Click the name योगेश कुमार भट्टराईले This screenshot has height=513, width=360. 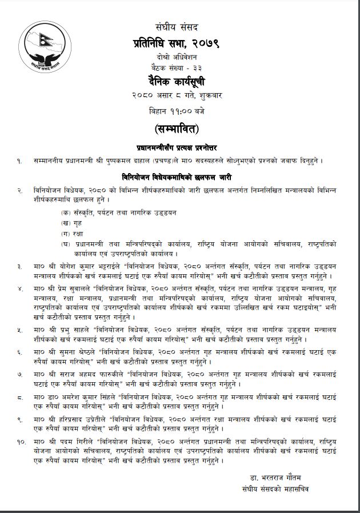[89, 266]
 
